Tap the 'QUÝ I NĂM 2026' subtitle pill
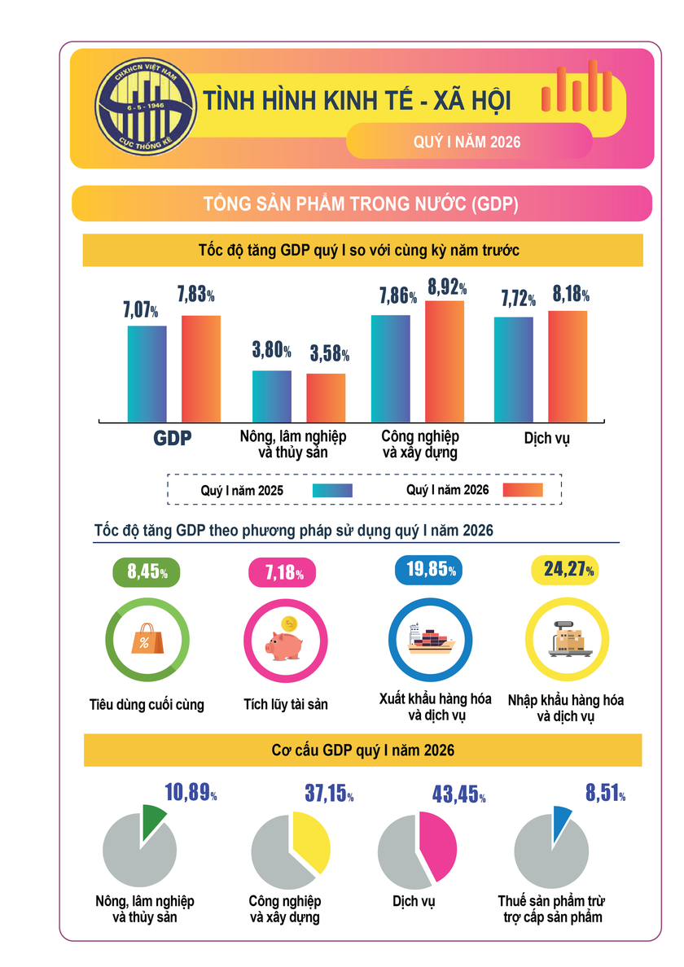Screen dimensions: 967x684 click(467, 141)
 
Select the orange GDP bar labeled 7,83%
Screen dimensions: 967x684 click(201, 368)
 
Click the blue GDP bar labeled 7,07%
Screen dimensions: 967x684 click(147, 373)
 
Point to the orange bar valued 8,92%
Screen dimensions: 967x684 click(445, 361)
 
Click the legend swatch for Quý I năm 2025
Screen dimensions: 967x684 click(332, 490)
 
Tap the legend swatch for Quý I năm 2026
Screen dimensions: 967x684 click(522, 490)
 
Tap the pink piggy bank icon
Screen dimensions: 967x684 click(283, 642)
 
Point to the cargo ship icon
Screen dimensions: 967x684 click(429, 637)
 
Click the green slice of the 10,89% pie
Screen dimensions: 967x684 click(153, 823)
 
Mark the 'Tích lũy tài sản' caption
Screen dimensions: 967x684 click(285, 704)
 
